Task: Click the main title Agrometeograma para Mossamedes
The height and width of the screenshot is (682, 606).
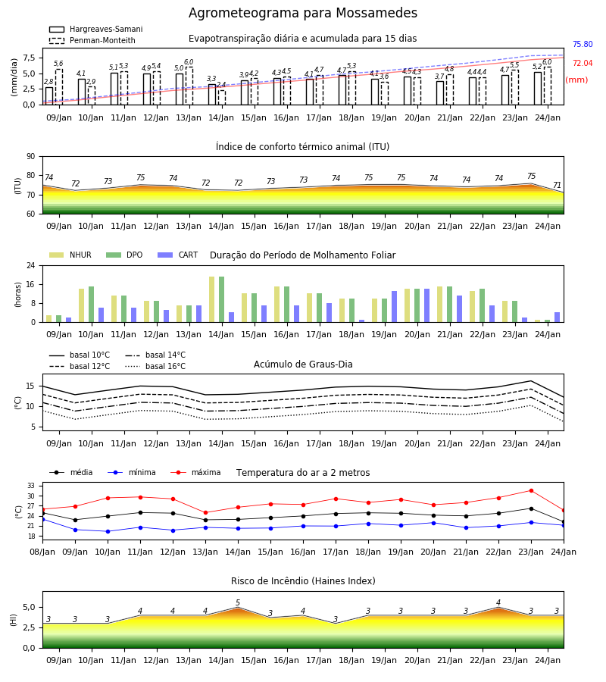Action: pyautogui.click(x=302, y=13)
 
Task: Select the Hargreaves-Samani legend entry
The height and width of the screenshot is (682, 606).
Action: pyautogui.click(x=96, y=29)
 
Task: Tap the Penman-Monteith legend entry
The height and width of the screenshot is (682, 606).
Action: pyautogui.click(x=92, y=40)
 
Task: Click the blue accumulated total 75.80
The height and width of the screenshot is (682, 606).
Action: pyautogui.click(x=583, y=45)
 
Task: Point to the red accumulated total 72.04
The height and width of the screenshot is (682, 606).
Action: pyautogui.click(x=583, y=64)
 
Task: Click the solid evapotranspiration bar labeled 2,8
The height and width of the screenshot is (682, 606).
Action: pyautogui.click(x=49, y=96)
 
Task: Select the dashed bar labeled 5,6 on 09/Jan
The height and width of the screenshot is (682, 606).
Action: pyautogui.click(x=59, y=87)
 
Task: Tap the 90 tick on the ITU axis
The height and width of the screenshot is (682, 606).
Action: pyautogui.click(x=31, y=157)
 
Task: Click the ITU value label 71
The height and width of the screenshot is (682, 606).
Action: pyautogui.click(x=557, y=186)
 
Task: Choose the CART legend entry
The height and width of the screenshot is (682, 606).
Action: pyautogui.click(x=177, y=255)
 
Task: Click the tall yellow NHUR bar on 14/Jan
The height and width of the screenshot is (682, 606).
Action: pyautogui.click(x=211, y=299)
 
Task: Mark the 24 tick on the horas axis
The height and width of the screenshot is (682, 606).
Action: pyautogui.click(x=31, y=265)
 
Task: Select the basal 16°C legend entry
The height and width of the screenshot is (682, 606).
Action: pyautogui.click(x=155, y=366)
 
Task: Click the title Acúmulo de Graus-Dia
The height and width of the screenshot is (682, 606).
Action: pyautogui.click(x=303, y=364)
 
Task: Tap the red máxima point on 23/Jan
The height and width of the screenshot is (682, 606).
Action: pyautogui.click(x=531, y=490)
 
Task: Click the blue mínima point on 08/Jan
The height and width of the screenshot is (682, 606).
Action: pyautogui.click(x=43, y=519)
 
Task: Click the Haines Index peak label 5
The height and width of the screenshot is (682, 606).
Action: pyautogui.click(x=238, y=603)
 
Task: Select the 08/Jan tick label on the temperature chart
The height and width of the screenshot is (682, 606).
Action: pyautogui.click(x=42, y=552)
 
